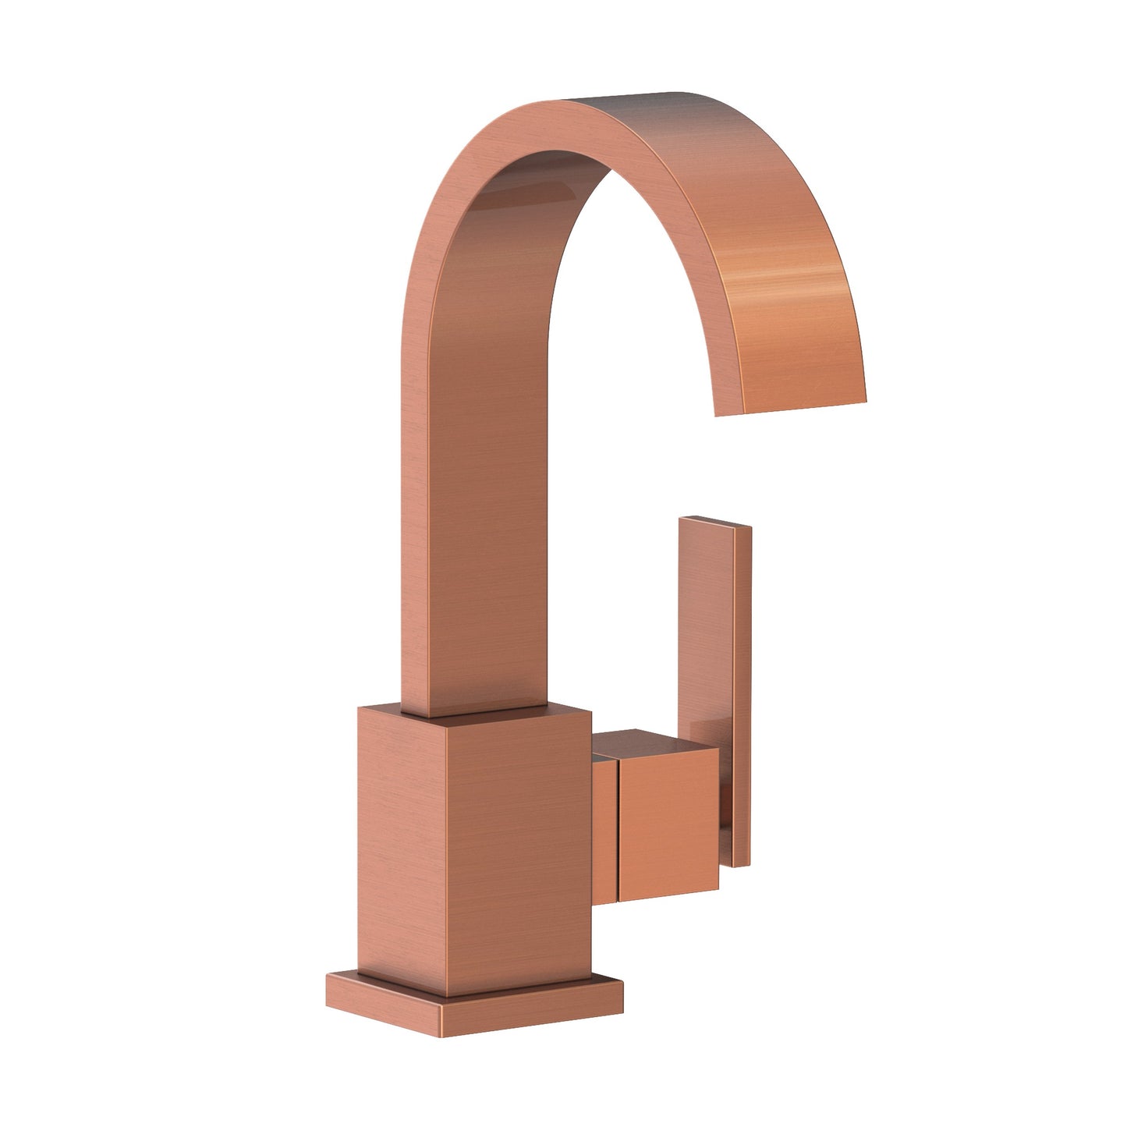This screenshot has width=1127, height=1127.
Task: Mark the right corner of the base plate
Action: pos(622,984)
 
